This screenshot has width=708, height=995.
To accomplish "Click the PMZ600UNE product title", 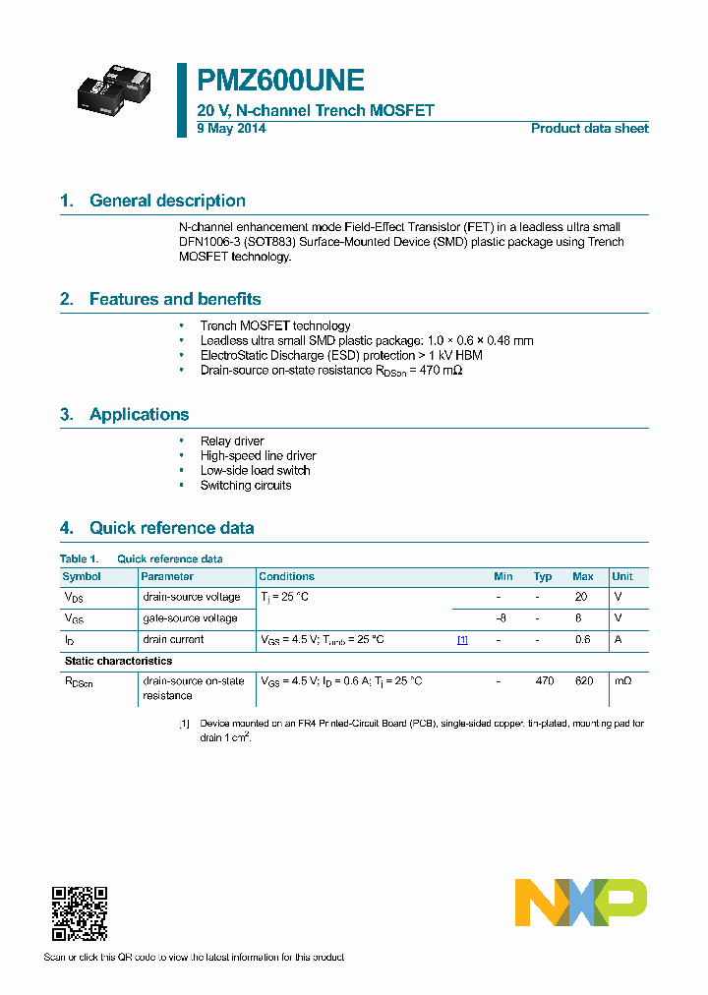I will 281,81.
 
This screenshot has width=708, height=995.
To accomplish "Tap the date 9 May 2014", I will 231,129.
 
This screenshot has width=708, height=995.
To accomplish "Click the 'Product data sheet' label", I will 589,129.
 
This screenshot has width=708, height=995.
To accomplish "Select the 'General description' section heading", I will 167,201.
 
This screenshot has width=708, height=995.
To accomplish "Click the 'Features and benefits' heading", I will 175,299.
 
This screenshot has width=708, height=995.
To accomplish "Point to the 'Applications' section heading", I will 139,414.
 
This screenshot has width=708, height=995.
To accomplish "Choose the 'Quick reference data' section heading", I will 171,528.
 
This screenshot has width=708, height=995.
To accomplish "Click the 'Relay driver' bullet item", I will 232,441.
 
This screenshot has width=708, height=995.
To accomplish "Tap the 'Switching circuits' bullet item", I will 246,486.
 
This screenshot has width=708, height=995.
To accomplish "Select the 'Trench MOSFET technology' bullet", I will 275,325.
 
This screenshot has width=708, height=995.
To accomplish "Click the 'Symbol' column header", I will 82,577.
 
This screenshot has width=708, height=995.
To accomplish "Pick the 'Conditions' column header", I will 287,577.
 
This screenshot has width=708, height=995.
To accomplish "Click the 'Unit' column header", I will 622,577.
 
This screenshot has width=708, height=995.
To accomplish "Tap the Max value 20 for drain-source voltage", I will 581,598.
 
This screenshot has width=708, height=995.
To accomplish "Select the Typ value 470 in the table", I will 544,681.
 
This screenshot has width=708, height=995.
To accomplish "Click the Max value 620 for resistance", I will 583,681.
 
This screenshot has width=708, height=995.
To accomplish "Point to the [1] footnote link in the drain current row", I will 462,640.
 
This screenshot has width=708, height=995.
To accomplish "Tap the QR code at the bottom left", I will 79,913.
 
